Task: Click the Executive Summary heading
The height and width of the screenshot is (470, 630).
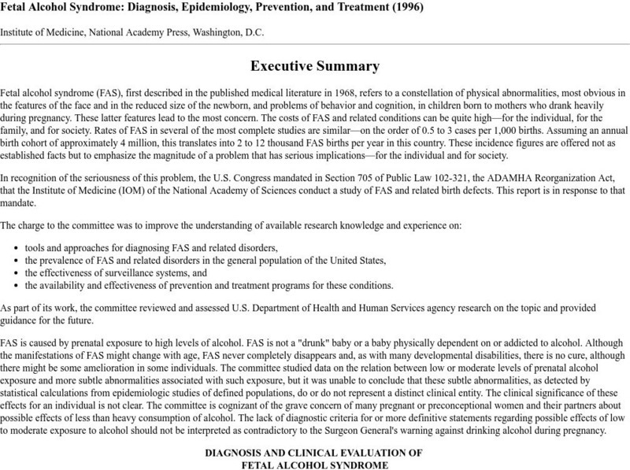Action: (315, 66)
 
